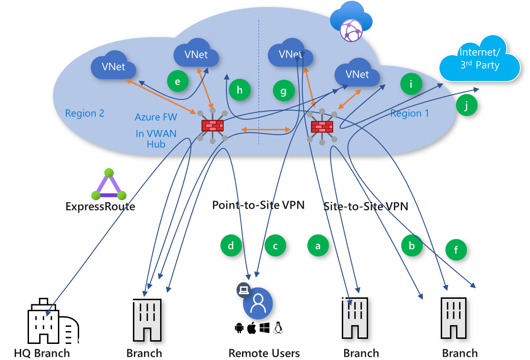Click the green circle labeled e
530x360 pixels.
178,81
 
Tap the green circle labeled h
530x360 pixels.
240,90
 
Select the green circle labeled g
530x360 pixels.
283,91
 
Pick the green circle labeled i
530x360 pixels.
411,84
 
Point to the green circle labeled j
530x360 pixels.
467,105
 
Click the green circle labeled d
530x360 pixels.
231,246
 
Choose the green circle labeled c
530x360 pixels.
275,246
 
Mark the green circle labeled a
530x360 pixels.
318,246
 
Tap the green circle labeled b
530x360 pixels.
412,246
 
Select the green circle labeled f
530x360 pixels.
456,250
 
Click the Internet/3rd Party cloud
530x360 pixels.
479,58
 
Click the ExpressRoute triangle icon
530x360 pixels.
109,185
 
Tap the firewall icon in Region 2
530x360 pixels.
212,125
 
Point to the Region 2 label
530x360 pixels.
85,113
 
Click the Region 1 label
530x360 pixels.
409,113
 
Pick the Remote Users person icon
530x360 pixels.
258,303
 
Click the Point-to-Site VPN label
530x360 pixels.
258,205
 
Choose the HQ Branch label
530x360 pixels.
41,354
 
